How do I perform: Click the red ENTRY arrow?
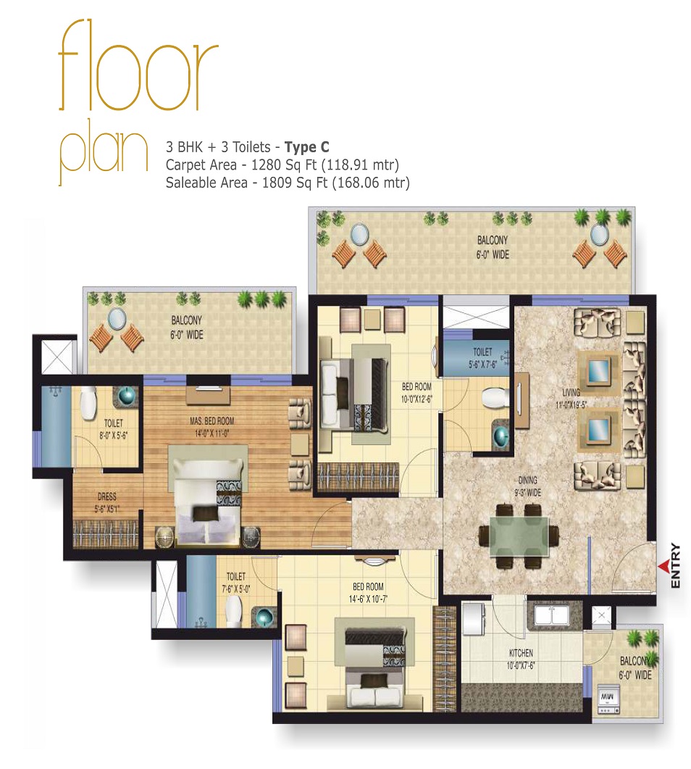pos(662,565)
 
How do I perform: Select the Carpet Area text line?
pos(282,165)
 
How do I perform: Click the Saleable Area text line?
pos(288,183)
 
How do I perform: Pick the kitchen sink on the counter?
pos(552,616)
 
